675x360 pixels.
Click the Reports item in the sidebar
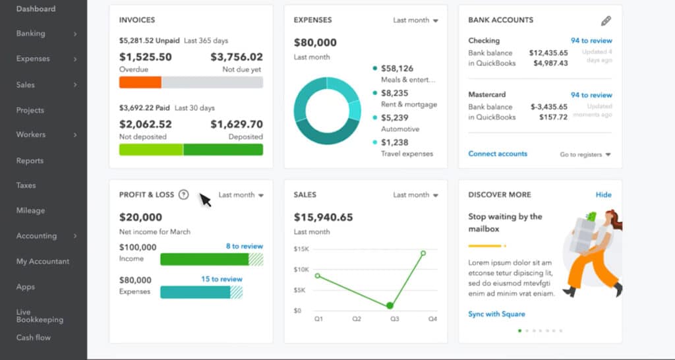point(30,160)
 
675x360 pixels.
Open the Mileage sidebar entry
point(30,210)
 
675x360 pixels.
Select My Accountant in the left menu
point(42,261)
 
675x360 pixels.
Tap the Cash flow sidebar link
point(33,338)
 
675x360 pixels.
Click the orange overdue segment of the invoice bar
point(140,82)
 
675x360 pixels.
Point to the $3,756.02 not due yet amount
point(236,57)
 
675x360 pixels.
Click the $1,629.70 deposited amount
point(236,124)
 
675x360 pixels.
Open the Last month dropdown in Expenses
point(415,20)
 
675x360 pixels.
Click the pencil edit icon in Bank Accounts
point(606,20)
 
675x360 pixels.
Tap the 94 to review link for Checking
point(591,41)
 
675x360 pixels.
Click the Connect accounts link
point(498,154)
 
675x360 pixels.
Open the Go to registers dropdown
point(585,154)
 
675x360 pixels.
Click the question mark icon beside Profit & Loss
point(184,195)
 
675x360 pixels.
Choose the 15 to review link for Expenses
point(221,279)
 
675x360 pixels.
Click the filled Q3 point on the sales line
point(390,305)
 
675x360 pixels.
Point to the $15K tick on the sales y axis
point(301,249)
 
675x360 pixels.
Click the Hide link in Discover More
point(603,195)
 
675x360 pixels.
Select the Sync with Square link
point(496,314)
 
